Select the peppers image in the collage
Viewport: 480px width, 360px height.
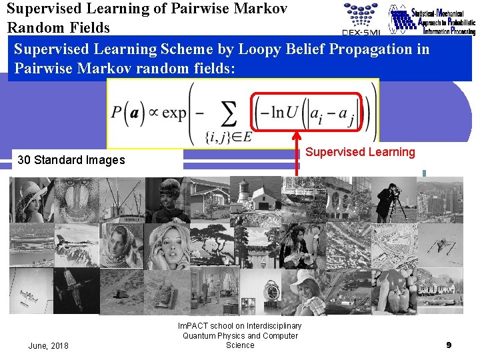click(393, 292)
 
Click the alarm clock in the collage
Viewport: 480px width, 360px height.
click(257, 292)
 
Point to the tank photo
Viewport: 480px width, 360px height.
click(167, 291)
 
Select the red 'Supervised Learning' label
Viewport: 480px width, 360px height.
click(360, 152)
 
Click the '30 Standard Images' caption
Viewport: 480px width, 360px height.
click(71, 160)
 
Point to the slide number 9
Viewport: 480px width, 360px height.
click(449, 345)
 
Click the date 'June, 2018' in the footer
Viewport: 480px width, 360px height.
click(48, 345)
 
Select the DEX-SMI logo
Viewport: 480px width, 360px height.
click(360, 18)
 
